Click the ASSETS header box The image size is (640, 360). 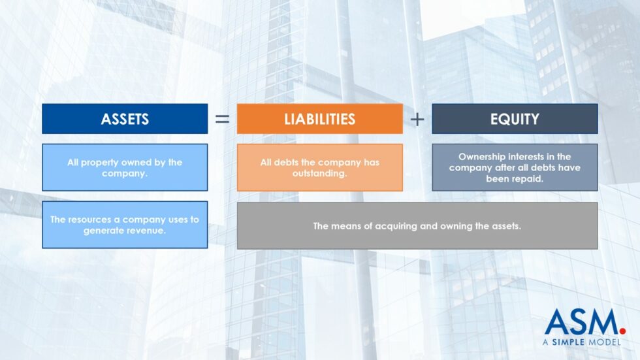click(125, 119)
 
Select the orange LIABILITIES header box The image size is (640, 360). click(319, 119)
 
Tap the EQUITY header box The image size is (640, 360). click(515, 119)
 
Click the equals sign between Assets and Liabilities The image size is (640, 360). click(222, 120)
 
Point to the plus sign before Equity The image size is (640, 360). click(417, 120)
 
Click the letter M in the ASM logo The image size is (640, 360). click(603, 322)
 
